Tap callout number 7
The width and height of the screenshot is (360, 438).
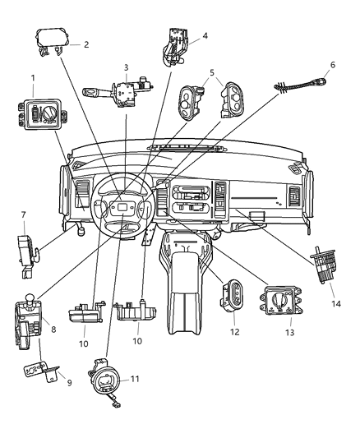23,214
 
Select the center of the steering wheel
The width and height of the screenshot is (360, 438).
121,211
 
